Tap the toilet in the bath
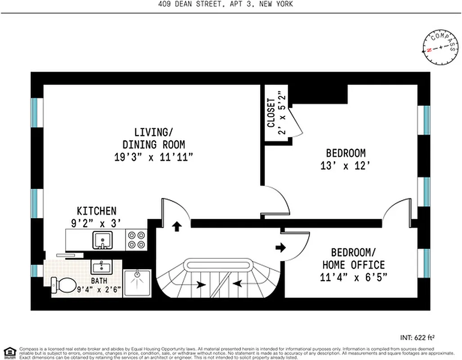(x=63, y=285)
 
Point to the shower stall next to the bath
(x=137, y=283)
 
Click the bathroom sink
(x=102, y=267)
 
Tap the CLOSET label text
(x=271, y=113)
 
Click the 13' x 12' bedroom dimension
(x=345, y=166)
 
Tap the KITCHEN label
(x=96, y=211)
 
